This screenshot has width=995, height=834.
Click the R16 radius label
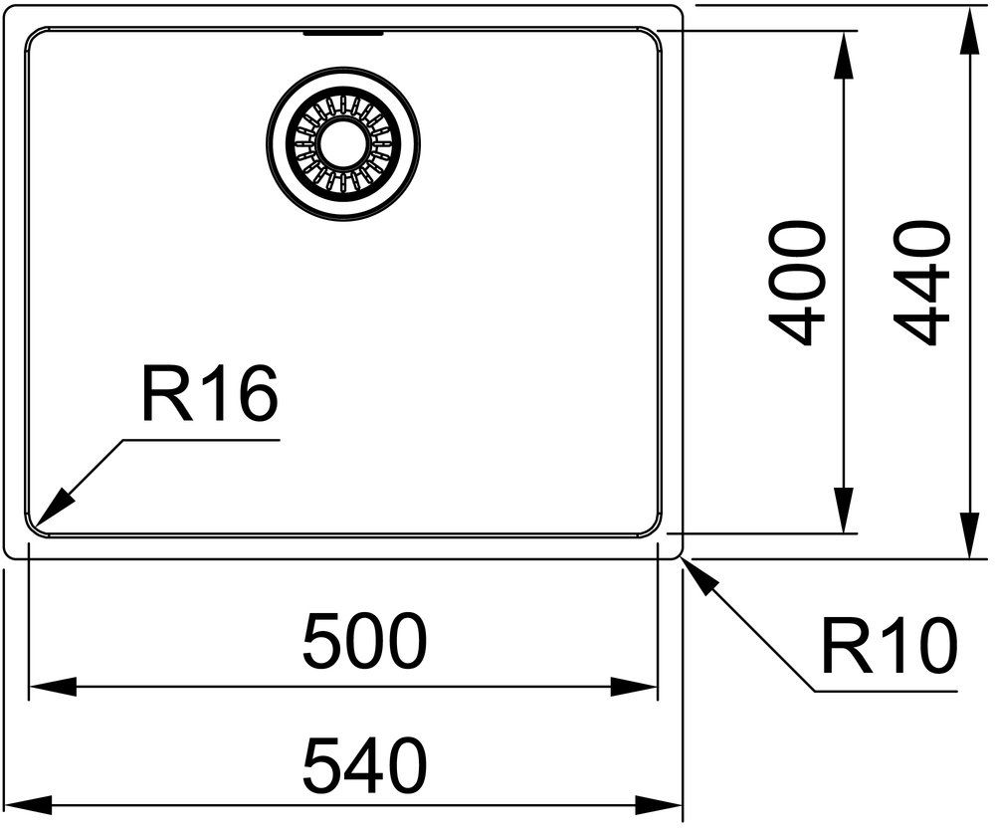coord(210,394)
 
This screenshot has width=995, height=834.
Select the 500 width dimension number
coord(365,641)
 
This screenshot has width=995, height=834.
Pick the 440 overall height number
coord(921,283)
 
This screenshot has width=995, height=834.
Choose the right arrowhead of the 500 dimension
coord(633,686)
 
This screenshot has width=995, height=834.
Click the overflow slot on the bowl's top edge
coord(343,33)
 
